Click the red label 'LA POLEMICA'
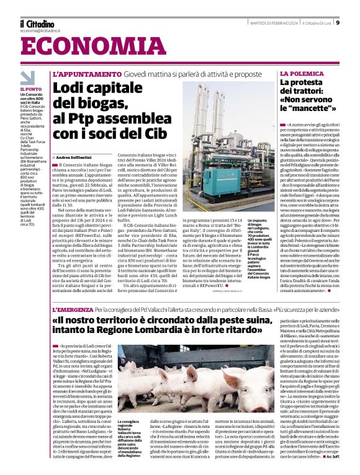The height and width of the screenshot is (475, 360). [302, 74]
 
